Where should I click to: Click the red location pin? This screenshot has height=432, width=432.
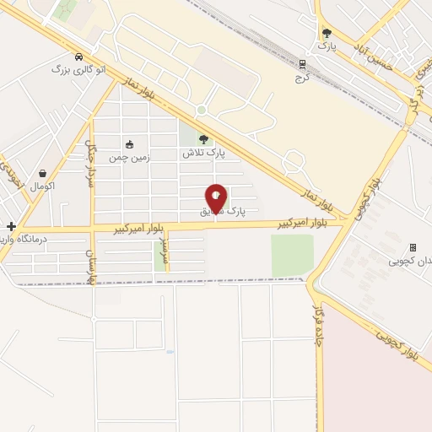(x=216, y=199)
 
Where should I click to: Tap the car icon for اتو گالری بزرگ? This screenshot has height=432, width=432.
(x=78, y=57)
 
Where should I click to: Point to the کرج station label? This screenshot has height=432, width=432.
(x=303, y=77)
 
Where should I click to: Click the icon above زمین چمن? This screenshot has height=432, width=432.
(x=129, y=144)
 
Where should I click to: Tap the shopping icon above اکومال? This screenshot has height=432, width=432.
(x=41, y=173)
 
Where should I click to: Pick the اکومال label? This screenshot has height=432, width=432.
(x=41, y=186)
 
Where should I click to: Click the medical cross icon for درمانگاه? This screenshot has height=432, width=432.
(x=10, y=226)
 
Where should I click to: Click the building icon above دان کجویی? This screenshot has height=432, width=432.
(x=413, y=247)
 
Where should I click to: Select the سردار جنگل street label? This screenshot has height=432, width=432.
(x=90, y=165)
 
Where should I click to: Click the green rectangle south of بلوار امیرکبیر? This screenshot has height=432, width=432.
(x=292, y=255)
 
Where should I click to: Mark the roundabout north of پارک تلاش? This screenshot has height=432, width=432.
(x=201, y=110)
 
